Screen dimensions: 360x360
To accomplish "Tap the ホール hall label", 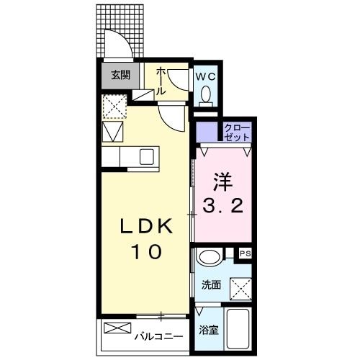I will click(x=162, y=80).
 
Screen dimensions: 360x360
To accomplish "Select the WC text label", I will click(x=204, y=74).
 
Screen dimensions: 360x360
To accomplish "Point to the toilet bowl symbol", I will click(x=205, y=94).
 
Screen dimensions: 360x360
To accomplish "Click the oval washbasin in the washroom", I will click(x=209, y=257).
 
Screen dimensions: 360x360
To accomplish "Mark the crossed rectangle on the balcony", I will click(x=115, y=329).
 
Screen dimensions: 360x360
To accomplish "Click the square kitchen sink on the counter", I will click(x=146, y=157).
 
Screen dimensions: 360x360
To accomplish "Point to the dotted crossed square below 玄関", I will click(x=113, y=106).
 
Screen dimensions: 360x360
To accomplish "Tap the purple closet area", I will click(x=207, y=133).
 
